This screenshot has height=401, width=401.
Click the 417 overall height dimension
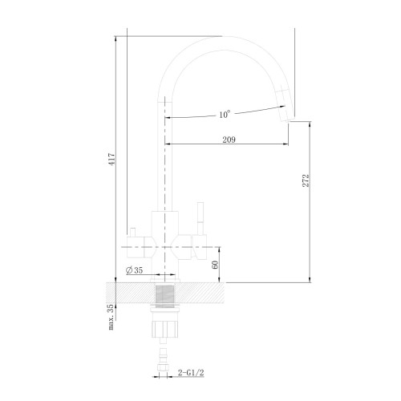[x=112, y=159]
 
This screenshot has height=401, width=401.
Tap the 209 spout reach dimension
[x=229, y=140]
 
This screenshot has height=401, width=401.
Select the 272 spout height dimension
[x=306, y=180]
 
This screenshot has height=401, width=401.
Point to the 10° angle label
[x=225, y=115]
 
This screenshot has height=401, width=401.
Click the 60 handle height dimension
[x=215, y=265]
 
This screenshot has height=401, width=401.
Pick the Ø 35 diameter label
[x=135, y=270]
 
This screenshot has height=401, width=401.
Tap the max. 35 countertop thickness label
[x=111, y=317]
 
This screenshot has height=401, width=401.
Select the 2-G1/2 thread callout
[x=191, y=373]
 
